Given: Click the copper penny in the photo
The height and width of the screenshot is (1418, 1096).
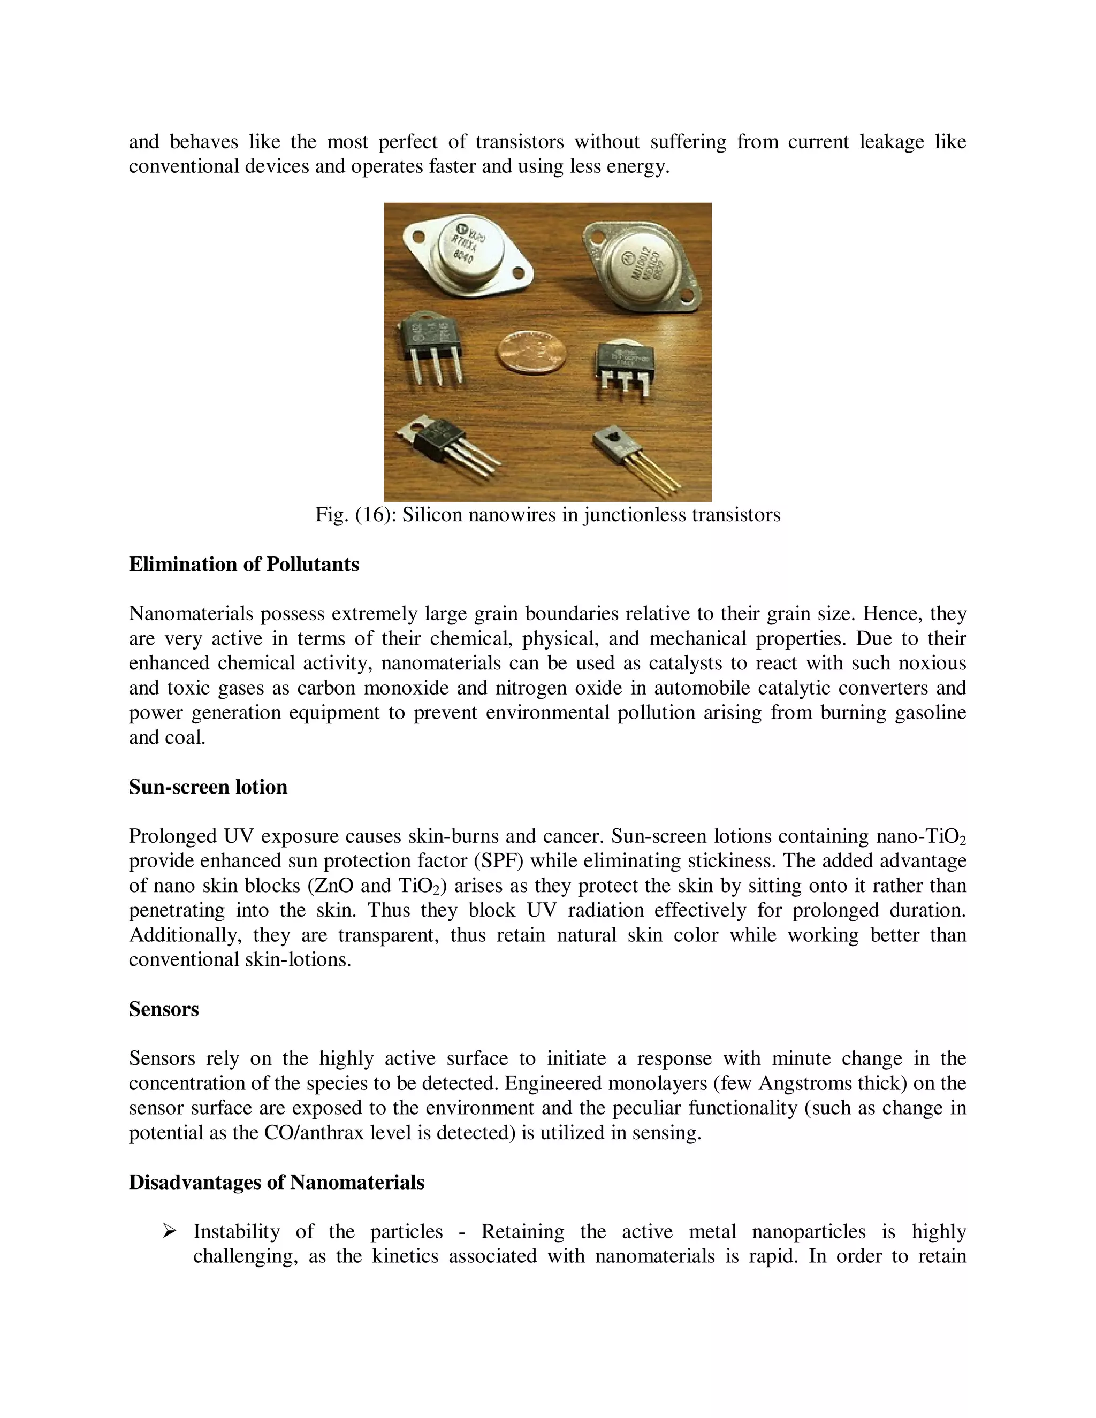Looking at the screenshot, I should (x=531, y=350).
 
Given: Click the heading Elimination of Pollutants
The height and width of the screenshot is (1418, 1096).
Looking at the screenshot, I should (x=243, y=564).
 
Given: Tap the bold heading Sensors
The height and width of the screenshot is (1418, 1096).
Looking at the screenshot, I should (x=164, y=1008).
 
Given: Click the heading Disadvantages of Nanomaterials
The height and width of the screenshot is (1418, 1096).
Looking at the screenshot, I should (x=277, y=1181).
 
